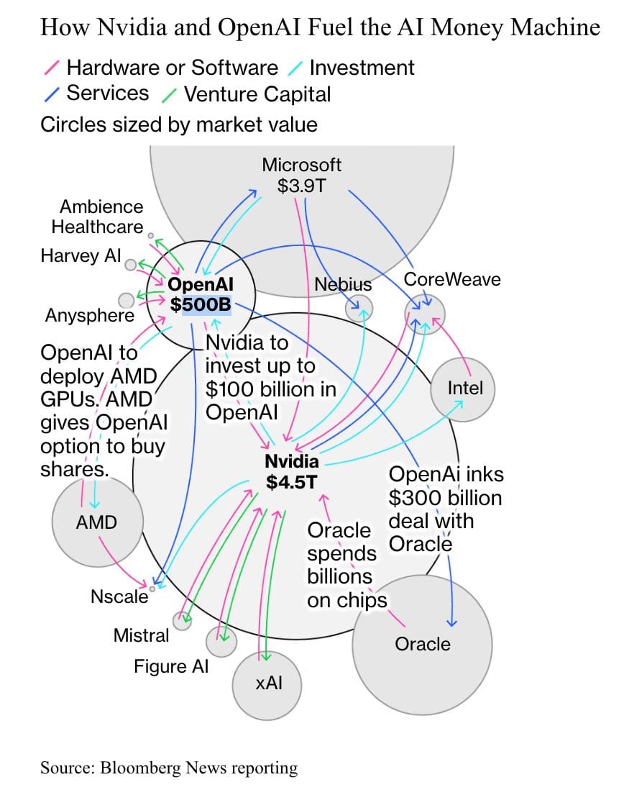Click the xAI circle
click(x=267, y=685)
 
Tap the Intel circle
click(x=463, y=389)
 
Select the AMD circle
click(x=98, y=522)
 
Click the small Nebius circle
click(x=359, y=308)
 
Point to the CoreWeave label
click(x=452, y=280)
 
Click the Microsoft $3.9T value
click(x=301, y=186)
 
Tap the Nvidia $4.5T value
click(x=292, y=482)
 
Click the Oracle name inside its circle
click(x=423, y=644)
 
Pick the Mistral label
click(x=142, y=635)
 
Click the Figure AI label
click(x=171, y=666)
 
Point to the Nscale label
click(x=119, y=596)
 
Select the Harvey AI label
click(x=81, y=255)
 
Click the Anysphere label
click(x=90, y=315)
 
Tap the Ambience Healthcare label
click(x=98, y=217)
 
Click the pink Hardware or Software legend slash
click(x=52, y=68)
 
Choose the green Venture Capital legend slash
click(x=169, y=95)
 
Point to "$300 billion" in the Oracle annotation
click(x=446, y=498)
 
